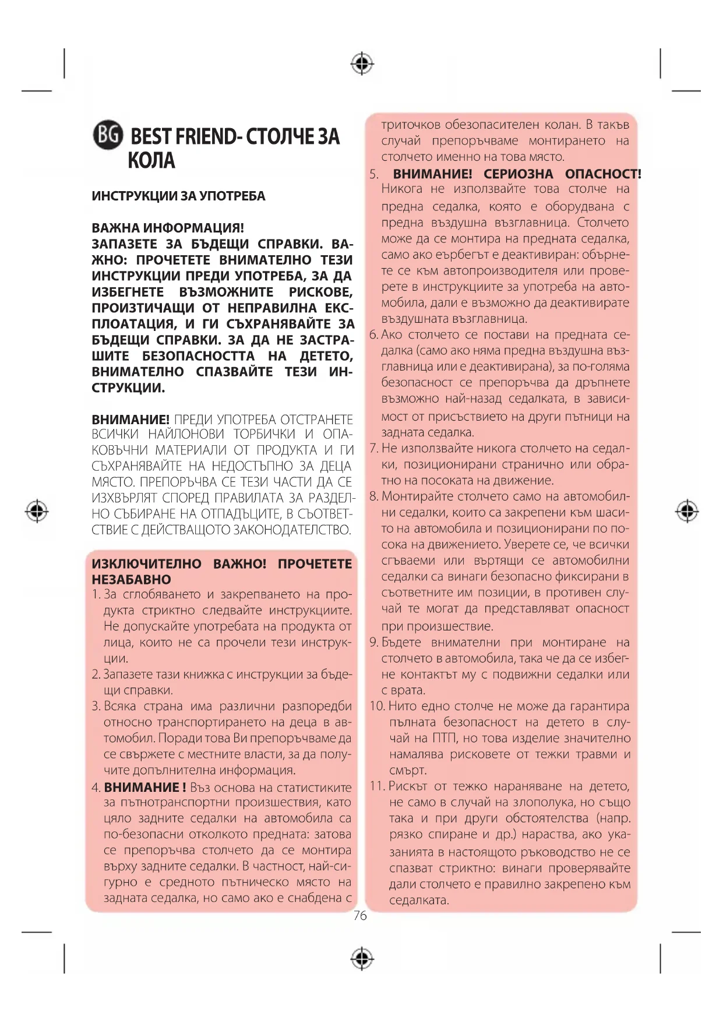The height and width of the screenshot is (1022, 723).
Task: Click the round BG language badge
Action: pos(108,136)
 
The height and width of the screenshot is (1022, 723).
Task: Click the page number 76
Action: pos(360,916)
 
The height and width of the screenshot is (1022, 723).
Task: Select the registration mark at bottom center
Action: pos(362,958)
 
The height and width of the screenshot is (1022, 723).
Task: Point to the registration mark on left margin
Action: pos(37,510)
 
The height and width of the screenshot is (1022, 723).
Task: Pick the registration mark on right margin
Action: pos(687,510)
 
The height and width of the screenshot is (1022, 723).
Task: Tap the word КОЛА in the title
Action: pos(151,161)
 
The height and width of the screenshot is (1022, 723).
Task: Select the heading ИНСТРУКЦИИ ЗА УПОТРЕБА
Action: pos(178,196)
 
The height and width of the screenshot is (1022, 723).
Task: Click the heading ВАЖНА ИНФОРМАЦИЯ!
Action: pos(168,228)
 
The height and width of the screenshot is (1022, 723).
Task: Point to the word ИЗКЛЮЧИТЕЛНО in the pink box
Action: pos(146,564)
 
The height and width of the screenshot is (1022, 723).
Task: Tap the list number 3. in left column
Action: pos(96,706)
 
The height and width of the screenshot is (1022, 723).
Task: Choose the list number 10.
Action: pos(377,706)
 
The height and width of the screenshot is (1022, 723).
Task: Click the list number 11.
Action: pos(377,786)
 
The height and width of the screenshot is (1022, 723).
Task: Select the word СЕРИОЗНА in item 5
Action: pos(518,174)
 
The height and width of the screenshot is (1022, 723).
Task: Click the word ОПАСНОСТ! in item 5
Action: pos(603,174)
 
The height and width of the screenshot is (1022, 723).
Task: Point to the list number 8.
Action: pos(374,496)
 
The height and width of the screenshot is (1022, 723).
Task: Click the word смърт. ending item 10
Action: pos(408,770)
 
